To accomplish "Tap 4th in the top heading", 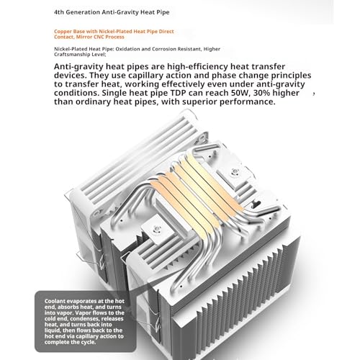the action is point(59,12).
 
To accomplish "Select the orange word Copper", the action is point(62,32).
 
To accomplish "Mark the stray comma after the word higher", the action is point(314,94).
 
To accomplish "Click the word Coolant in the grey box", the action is point(55,301).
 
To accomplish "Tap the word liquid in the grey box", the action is point(53,330).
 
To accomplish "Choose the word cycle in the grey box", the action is point(88,342).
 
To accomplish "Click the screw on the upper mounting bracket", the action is point(235,171).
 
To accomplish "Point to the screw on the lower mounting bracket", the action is point(157,229).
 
